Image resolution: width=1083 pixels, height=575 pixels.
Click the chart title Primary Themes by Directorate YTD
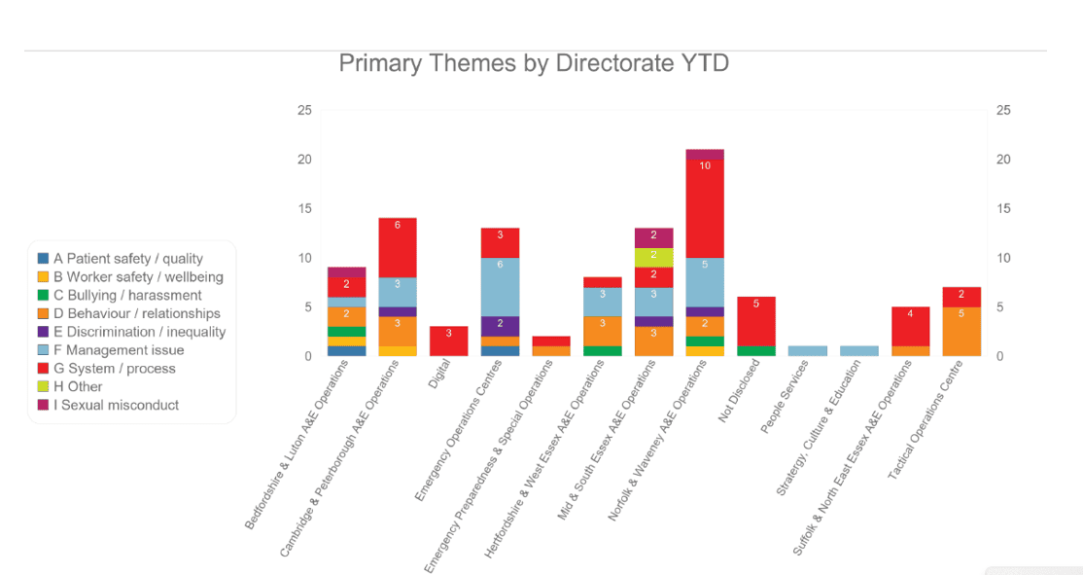click(x=534, y=64)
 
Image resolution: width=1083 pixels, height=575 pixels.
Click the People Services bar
click(x=808, y=351)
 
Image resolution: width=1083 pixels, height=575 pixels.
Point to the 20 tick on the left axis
click(x=304, y=160)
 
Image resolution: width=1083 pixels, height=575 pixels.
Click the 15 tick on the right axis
click(x=1003, y=208)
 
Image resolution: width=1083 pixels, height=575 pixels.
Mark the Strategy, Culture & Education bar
click(x=858, y=351)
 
